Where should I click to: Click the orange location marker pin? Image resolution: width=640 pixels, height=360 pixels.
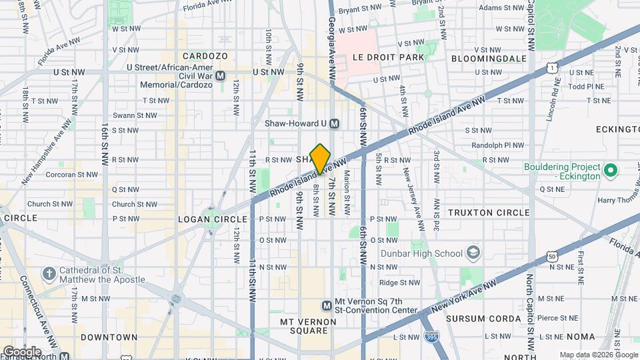[320, 159]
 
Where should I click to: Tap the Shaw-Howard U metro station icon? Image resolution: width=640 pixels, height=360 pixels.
[335, 123]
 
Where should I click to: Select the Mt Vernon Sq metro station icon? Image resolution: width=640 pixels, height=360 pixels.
[327, 306]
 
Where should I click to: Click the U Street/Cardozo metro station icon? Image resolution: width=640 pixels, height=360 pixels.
[221, 76]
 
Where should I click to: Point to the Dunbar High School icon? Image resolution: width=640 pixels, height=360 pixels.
[473, 253]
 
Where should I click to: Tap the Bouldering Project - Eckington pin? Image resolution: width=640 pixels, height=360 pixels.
[609, 173]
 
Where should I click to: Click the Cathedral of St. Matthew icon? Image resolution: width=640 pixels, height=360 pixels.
[49, 274]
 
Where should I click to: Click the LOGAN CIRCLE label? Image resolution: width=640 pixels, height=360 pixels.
[204, 219]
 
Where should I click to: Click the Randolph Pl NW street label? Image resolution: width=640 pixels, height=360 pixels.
[485, 145]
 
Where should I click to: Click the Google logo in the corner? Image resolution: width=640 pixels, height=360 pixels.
[22, 351]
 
